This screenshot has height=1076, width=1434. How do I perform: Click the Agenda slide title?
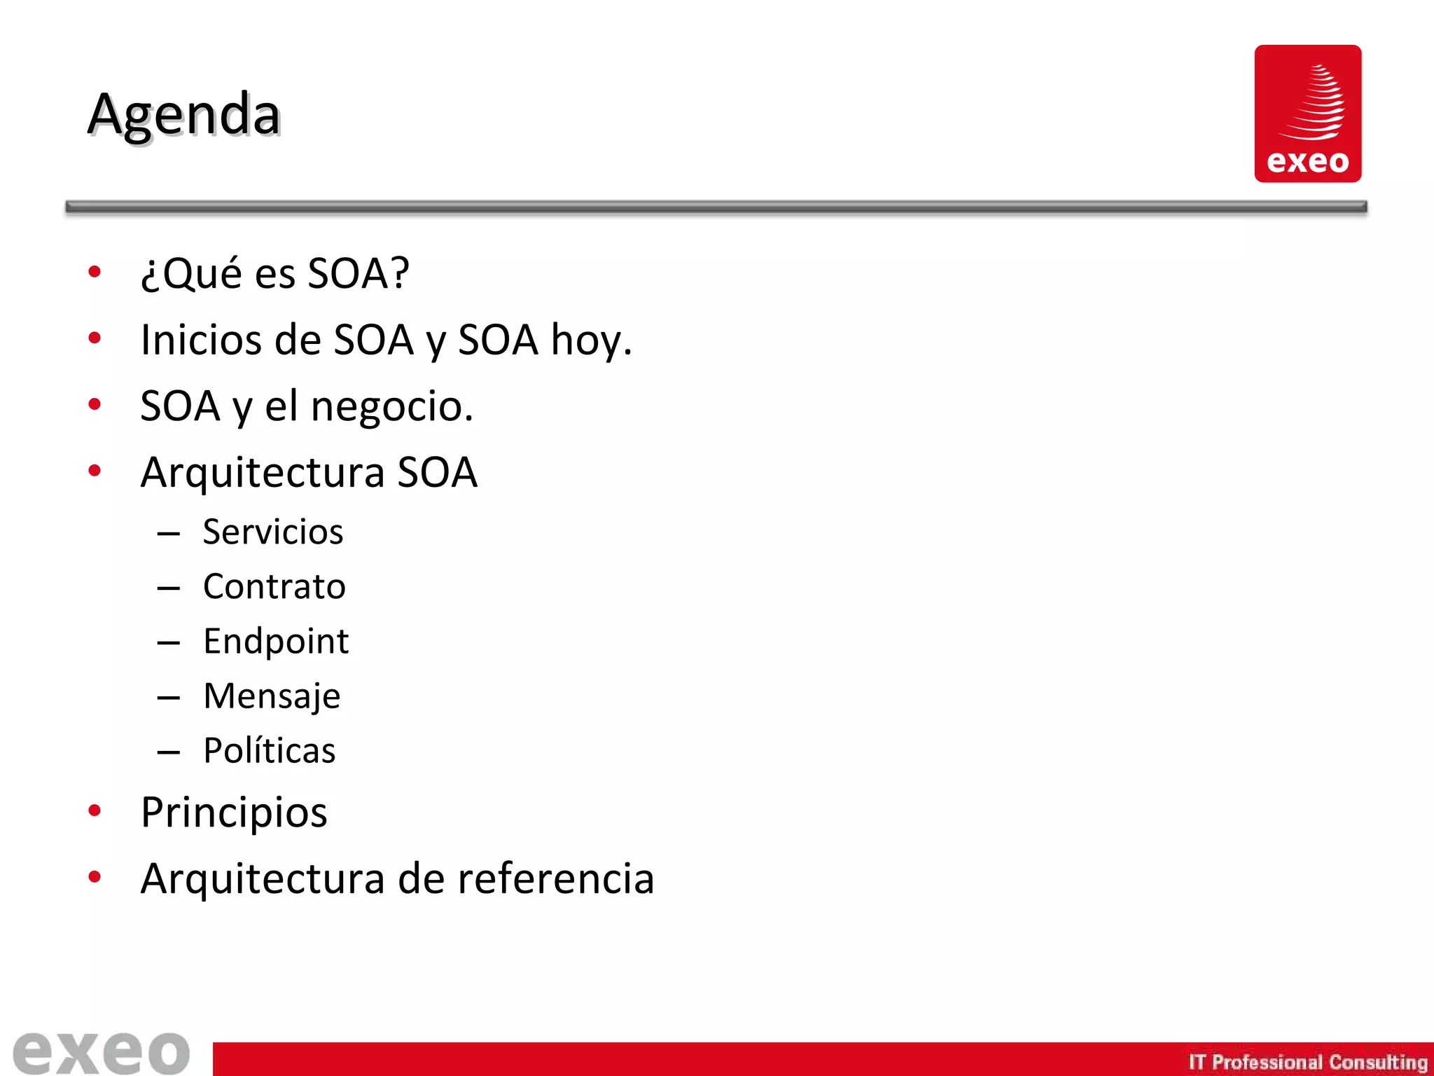pos(183,114)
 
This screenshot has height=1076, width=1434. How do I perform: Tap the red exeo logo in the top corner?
pos(1307,113)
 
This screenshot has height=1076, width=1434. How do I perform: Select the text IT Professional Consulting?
pos(1307,1062)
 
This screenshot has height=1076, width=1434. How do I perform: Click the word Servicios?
pos(273,532)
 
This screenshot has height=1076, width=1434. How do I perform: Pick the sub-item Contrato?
pos(274,586)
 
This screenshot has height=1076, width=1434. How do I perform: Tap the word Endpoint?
pos(276,641)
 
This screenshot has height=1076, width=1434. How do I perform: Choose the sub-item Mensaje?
pos(272,696)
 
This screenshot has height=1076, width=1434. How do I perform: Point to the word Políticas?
pos(270,750)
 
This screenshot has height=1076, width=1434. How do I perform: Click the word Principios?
pos(234,813)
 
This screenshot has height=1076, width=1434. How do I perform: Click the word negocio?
pos(391,406)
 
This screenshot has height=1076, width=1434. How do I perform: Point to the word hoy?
pos(591,340)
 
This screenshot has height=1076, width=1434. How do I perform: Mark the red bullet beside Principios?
pos(95,811)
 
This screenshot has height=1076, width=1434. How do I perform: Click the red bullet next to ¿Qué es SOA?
pos(95,272)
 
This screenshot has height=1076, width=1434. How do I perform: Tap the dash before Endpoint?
pos(169,642)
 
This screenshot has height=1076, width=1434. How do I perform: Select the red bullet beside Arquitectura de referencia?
pos(95,877)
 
